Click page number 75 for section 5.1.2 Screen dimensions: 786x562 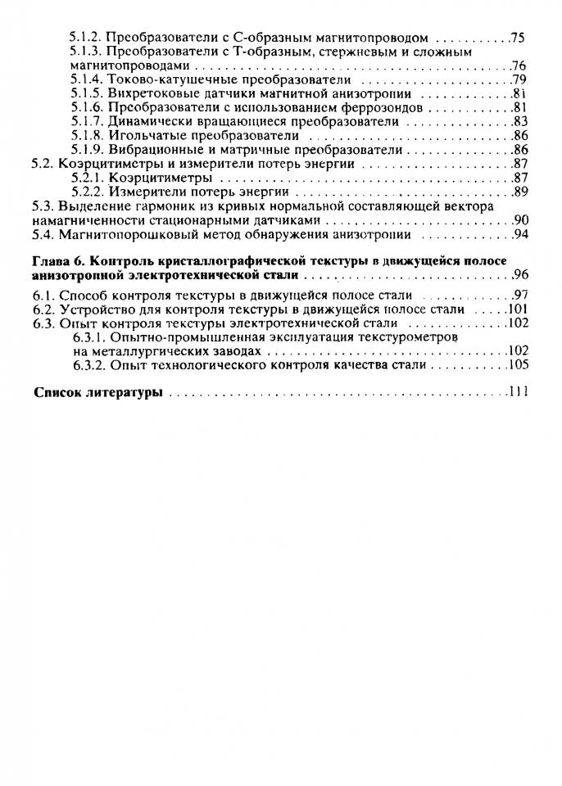tap(517, 38)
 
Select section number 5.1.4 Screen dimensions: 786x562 tap(86, 79)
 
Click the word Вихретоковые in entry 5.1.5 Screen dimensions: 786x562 tap(148, 93)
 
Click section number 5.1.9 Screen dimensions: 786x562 tap(86, 150)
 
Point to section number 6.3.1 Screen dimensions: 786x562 tap(88, 337)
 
